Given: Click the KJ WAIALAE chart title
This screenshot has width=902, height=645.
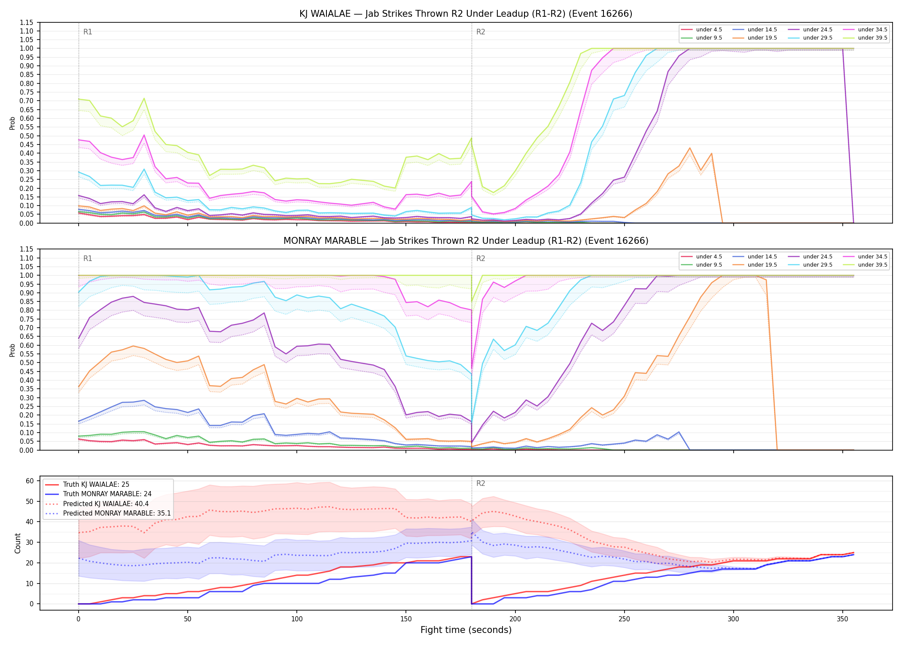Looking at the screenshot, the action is [x=466, y=14].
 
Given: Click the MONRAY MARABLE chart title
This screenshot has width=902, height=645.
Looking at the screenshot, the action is [x=466, y=241].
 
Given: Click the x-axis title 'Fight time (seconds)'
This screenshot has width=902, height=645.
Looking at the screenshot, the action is [x=466, y=630].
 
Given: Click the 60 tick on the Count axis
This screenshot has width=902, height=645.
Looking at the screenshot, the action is [x=30, y=481].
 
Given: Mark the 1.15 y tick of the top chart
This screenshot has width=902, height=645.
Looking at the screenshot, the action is [x=27, y=22].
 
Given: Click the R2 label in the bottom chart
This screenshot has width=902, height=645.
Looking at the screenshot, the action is [x=481, y=483].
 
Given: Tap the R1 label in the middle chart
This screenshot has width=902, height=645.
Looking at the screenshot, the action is [x=88, y=258].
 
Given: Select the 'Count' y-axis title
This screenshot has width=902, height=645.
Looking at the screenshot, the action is [x=18, y=543].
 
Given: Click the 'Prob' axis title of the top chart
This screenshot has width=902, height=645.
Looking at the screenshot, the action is [x=12, y=123].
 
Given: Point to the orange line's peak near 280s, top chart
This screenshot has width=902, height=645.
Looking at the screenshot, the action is [x=690, y=148].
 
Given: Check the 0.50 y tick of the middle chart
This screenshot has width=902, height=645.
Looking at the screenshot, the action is [x=27, y=362].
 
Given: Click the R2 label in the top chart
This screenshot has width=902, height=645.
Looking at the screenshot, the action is [x=481, y=32].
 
